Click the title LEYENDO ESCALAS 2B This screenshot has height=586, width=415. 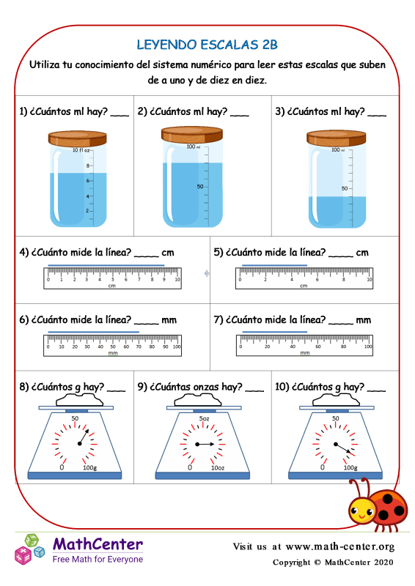[x=207, y=45]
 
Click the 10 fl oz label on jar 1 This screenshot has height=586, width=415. [x=81, y=150]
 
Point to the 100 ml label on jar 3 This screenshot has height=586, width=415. [x=336, y=150]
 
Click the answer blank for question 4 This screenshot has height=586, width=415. [x=147, y=253]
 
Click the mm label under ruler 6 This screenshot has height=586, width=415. [x=112, y=353]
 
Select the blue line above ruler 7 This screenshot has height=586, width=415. [x=265, y=332]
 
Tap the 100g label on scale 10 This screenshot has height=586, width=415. [x=350, y=467]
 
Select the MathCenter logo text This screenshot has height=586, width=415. [x=98, y=544]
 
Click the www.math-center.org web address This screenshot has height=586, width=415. [x=339, y=546]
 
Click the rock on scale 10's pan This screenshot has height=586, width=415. [x=337, y=399]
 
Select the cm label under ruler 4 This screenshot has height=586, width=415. [x=112, y=286]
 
